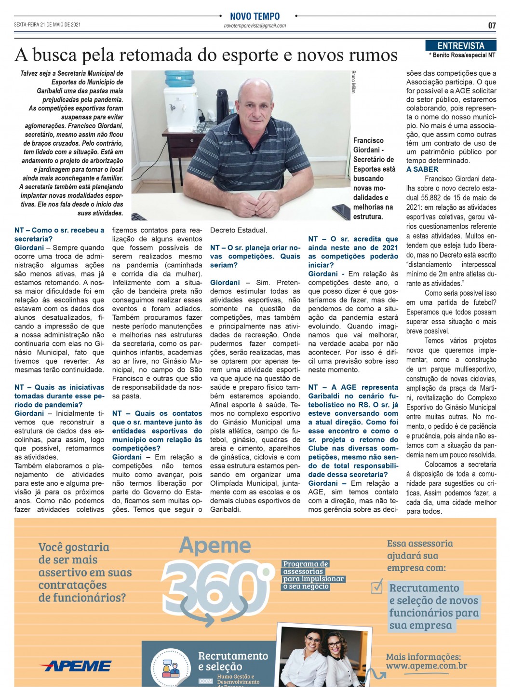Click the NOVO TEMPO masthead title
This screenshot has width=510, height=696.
click(255, 16)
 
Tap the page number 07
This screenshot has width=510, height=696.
click(492, 26)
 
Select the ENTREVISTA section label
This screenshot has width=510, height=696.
click(460, 46)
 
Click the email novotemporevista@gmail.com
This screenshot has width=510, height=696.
click(255, 26)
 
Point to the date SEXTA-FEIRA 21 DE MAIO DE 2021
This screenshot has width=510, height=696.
click(47, 25)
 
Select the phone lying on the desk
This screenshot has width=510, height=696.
click(341, 211)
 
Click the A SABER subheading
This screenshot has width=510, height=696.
click(422, 169)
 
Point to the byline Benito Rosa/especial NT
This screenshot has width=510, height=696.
click(462, 55)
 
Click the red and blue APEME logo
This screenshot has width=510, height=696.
click(75, 666)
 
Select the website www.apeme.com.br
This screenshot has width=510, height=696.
click(426, 666)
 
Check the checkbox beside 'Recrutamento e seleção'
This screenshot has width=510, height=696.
click(376, 587)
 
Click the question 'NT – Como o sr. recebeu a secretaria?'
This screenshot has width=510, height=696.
click(59, 234)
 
